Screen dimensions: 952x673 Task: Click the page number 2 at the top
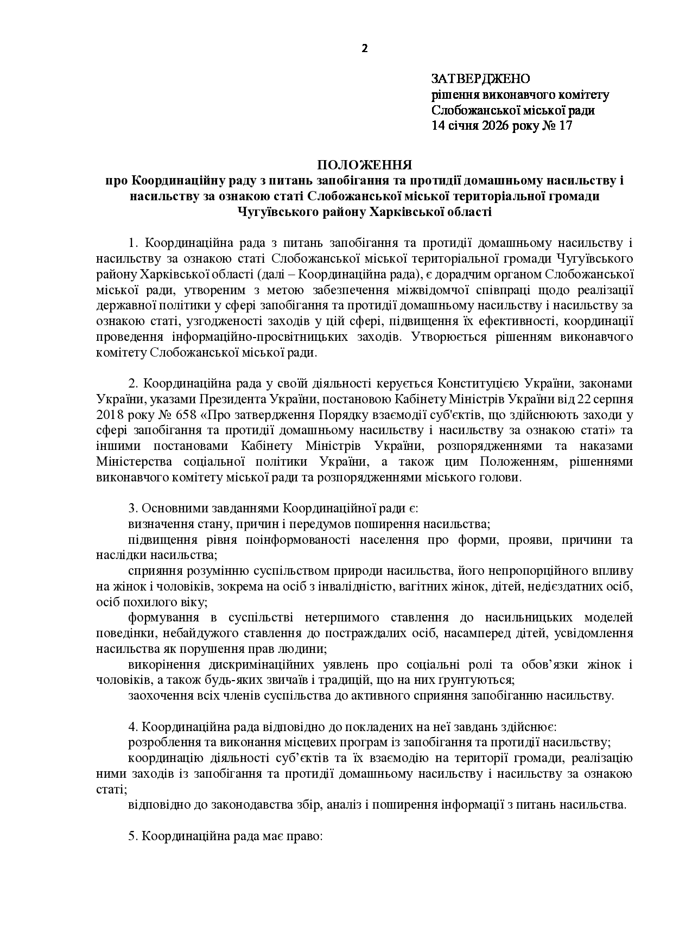[x=364, y=48]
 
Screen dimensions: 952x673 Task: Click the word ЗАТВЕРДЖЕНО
[x=480, y=79]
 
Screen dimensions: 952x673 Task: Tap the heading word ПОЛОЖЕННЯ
[x=364, y=165]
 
